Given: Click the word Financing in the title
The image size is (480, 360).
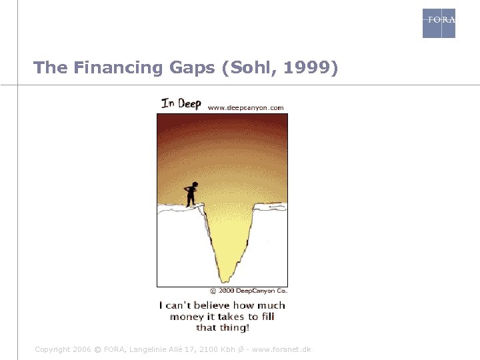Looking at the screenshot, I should pos(107,68).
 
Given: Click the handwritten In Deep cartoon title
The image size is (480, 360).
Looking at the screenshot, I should pos(181,103).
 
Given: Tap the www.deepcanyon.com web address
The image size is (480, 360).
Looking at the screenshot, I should pos(246,107).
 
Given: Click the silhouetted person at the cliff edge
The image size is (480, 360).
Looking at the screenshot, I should pos(191,193).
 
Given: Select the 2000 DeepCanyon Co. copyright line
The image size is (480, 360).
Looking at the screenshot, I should pos(248,291).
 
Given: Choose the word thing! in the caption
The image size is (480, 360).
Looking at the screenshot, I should pos(233,327).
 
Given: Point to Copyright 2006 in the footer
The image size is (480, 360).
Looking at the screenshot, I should pos(63,349).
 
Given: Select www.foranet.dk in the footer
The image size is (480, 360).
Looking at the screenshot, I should pos(283,349).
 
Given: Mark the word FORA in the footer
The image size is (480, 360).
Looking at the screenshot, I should pos(112,349).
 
